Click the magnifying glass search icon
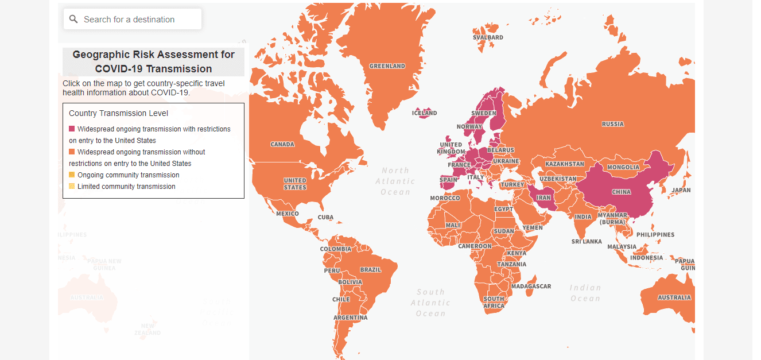[73, 20]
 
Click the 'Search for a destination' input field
[138, 20]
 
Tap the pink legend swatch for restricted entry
[72, 129]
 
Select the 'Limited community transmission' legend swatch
[72, 187]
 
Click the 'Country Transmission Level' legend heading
[118, 114]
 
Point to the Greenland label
[387, 66]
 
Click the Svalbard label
[488, 37]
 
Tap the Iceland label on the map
[424, 113]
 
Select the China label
[621, 192]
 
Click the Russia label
[612, 124]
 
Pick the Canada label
[282, 144]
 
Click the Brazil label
[370, 270]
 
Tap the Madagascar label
[531, 287]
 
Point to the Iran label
[543, 198]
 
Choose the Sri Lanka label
[587, 242]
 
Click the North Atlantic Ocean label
[395, 181]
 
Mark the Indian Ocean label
[585, 293]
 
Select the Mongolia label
[623, 168]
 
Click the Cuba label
[325, 218]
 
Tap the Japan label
[681, 190]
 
